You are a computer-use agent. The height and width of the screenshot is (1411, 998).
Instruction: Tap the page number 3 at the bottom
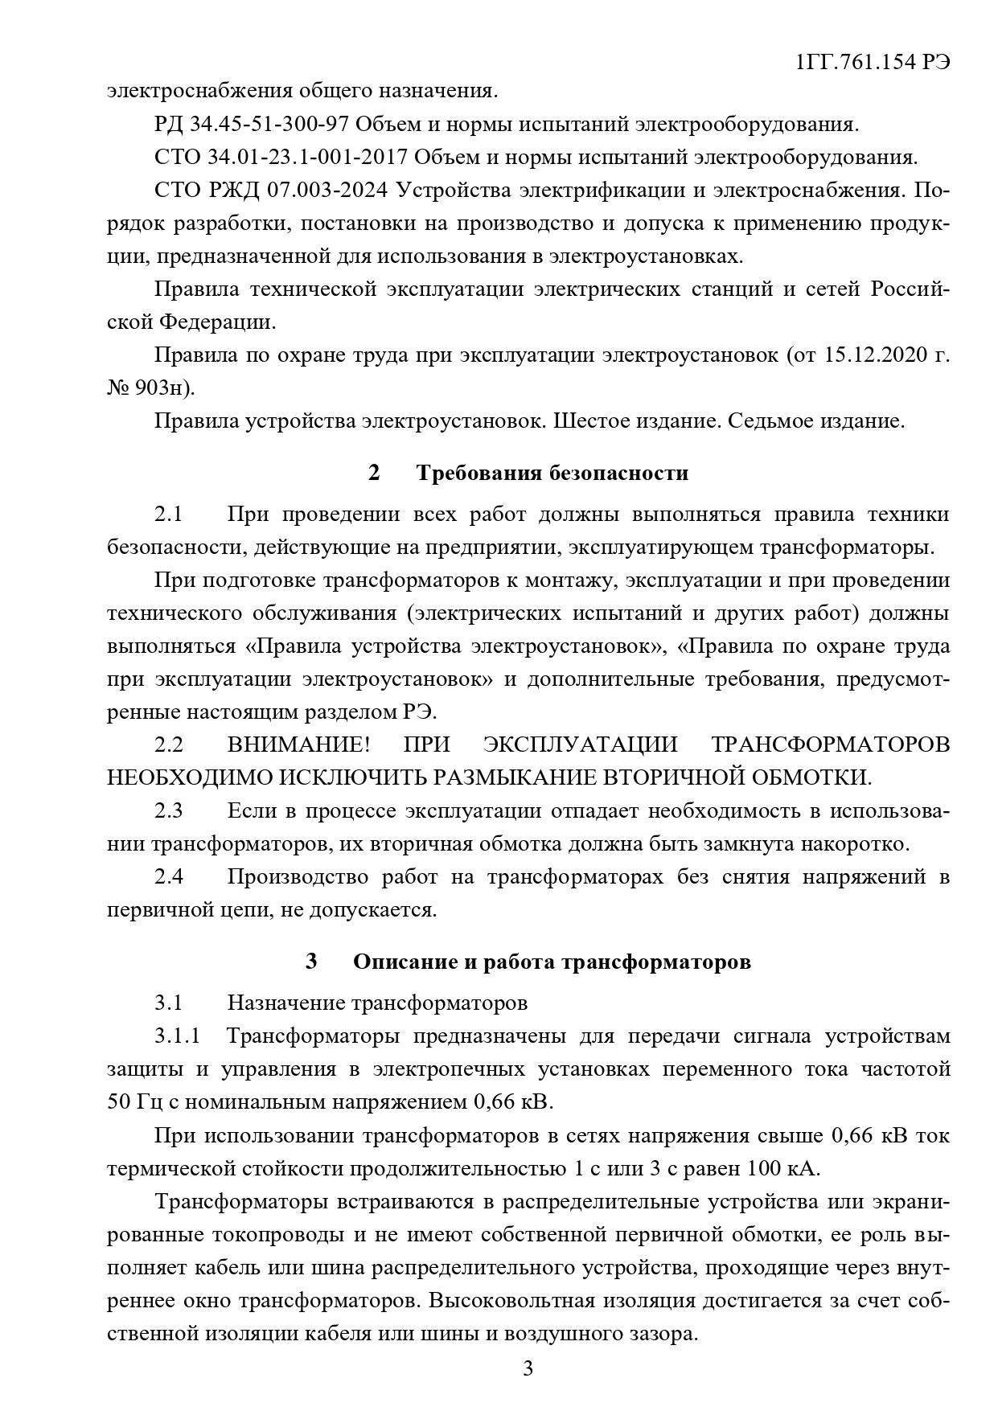coord(528,1368)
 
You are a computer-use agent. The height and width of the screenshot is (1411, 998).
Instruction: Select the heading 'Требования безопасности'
coord(552,473)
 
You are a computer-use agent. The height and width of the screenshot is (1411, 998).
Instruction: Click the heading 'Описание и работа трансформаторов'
coord(552,962)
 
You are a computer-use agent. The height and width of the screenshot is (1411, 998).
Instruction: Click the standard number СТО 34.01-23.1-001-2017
coord(281,158)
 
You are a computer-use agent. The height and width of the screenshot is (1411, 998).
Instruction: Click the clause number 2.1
coord(169,515)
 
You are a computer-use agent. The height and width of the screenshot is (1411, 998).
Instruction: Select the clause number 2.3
coord(169,810)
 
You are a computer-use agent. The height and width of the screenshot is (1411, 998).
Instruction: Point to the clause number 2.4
coord(169,876)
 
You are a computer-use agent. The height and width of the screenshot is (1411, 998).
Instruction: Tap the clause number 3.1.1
coord(177,1036)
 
